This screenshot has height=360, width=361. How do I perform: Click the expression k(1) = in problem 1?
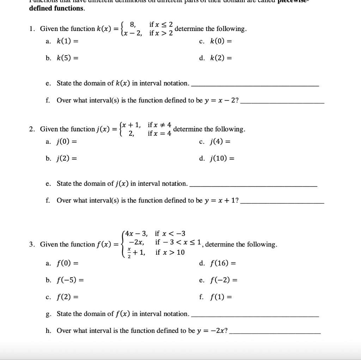coord(67,41)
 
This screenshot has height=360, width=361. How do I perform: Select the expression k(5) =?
coord(67,58)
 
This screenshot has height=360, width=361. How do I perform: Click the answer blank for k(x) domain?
coord(254,86)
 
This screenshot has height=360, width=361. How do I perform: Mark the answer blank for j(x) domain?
coord(253,186)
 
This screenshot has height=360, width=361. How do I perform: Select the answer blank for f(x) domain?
coord(254,316)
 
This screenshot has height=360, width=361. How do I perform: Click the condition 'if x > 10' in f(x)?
coord(170,253)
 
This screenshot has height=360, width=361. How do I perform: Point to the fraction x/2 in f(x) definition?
coord(129,253)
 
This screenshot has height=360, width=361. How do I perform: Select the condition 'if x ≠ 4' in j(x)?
coord(159,125)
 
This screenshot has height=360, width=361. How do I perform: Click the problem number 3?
coord(32,244)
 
